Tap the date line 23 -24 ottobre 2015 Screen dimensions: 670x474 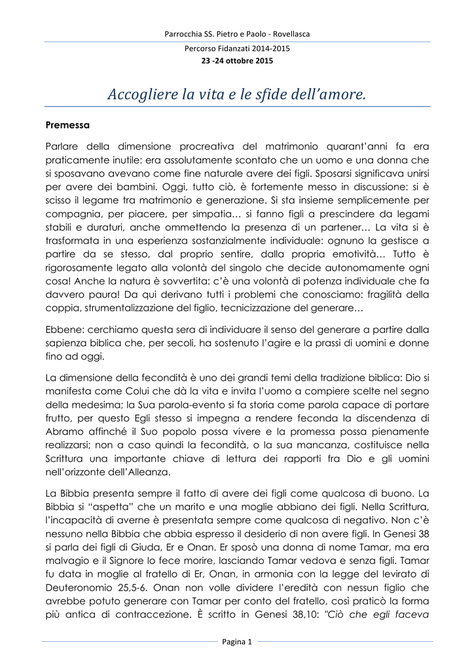click(237, 61)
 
